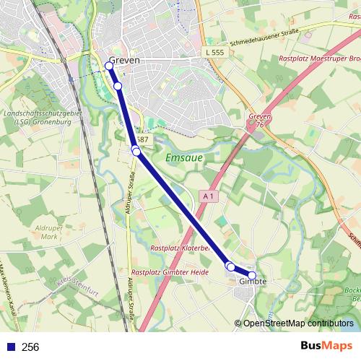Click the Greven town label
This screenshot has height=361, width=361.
123,61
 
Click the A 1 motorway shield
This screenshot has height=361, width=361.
208,196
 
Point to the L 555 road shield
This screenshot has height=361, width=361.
214,52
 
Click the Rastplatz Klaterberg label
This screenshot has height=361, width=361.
179,248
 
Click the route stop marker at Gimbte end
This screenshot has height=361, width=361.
252,275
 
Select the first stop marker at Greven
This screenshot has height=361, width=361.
109,66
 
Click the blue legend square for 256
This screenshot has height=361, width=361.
11,347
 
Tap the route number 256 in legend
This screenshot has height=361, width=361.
30,347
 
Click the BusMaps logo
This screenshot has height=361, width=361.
326,347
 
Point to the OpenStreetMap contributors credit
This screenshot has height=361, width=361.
297,323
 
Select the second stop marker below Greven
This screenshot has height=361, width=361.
118,86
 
